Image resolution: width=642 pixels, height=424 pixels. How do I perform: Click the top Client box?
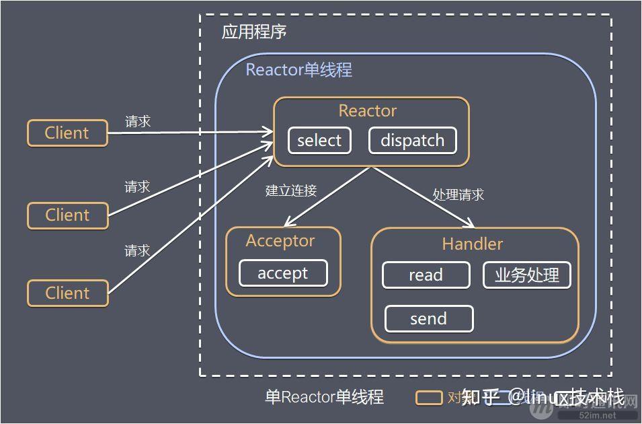pyautogui.click(x=67, y=133)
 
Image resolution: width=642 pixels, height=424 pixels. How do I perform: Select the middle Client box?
pyautogui.click(x=67, y=215)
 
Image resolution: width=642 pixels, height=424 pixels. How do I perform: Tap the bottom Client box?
pyautogui.click(x=67, y=293)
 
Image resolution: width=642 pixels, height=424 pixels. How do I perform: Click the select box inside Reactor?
pyautogui.click(x=319, y=141)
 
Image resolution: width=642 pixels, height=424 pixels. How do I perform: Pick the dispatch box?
pyautogui.click(x=412, y=141)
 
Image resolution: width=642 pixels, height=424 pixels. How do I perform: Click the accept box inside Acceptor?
pyautogui.click(x=283, y=273)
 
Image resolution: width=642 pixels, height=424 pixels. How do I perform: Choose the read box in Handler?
pyautogui.click(x=426, y=275)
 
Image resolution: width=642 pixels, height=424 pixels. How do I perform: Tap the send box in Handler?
pyautogui.click(x=429, y=318)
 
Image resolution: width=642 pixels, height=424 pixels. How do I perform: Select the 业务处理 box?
pyautogui.click(x=527, y=275)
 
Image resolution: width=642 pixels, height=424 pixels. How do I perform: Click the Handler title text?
pyautogui.click(x=472, y=244)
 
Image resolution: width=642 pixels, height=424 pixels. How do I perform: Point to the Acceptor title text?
pyautogui.click(x=280, y=241)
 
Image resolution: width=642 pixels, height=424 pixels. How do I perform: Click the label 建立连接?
pyautogui.click(x=291, y=190)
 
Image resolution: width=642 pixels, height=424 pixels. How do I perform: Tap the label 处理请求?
pyautogui.click(x=458, y=195)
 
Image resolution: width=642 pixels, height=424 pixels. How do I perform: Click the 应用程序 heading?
pyautogui.click(x=255, y=32)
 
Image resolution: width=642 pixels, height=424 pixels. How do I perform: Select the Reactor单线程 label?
pyautogui.click(x=298, y=69)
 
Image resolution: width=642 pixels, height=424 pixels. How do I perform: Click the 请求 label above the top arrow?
pyautogui.click(x=138, y=122)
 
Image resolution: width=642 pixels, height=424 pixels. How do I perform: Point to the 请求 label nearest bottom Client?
pyautogui.click(x=137, y=250)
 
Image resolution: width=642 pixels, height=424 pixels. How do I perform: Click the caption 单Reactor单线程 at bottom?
pyautogui.click(x=324, y=397)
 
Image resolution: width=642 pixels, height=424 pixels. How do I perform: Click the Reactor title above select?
pyautogui.click(x=368, y=111)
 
